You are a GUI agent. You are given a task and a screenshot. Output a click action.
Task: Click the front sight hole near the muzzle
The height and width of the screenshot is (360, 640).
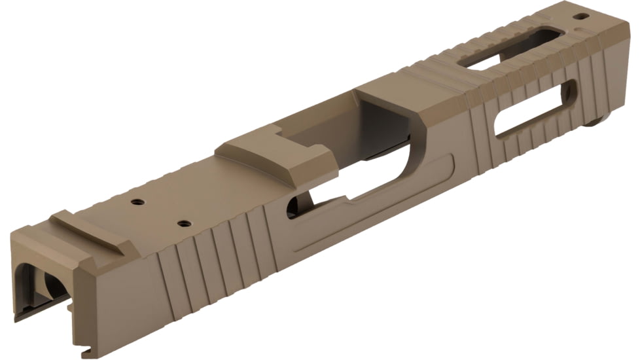(580, 16)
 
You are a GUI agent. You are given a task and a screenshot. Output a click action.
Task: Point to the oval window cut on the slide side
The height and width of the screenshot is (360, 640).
(535, 109)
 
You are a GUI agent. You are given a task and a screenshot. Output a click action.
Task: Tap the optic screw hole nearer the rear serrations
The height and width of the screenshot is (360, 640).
(185, 224)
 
